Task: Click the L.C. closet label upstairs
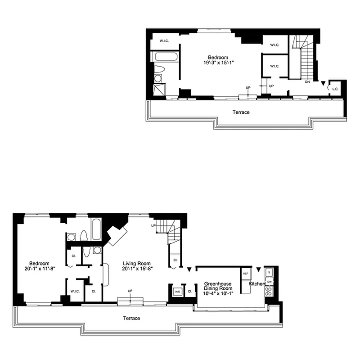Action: tap(335, 89)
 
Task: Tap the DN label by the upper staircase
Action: tap(307, 82)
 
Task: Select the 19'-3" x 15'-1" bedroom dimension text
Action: tap(218, 63)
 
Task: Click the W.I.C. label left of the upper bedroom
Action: tap(164, 41)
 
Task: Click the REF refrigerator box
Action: tap(246, 274)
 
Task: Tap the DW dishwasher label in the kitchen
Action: tap(269, 282)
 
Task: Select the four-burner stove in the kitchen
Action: tap(269, 292)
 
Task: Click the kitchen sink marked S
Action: tap(269, 272)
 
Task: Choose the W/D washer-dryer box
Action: tap(177, 291)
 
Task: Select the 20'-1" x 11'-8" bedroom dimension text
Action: tap(40, 270)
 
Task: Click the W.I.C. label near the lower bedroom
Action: tap(75, 291)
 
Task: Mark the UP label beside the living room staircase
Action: tap(153, 225)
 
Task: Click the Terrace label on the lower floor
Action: tap(132, 318)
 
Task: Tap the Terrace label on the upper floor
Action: tap(241, 112)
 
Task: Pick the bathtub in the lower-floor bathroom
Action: tap(96, 230)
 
